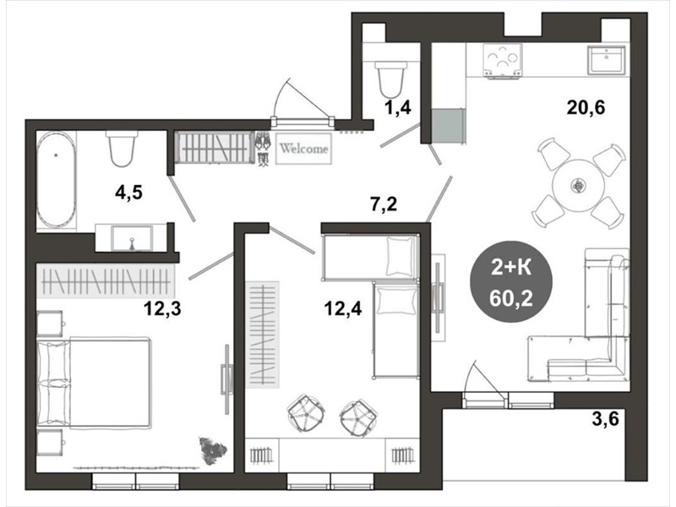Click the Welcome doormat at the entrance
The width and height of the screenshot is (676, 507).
pyautogui.click(x=303, y=149)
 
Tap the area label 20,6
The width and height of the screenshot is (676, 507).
pyautogui.click(x=586, y=107)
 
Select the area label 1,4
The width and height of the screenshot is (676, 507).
pyautogui.click(x=398, y=107)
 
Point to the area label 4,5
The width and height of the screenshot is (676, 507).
pyautogui.click(x=128, y=193)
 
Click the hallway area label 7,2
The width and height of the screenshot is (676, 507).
pyautogui.click(x=384, y=204)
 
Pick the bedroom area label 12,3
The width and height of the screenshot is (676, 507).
pyautogui.click(x=162, y=308)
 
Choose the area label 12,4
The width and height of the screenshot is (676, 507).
pyautogui.click(x=343, y=308)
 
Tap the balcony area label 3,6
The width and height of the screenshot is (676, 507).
pyautogui.click(x=605, y=418)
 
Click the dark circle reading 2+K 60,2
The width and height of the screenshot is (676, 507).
pyautogui.click(x=511, y=281)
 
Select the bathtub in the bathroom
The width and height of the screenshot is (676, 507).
pyautogui.click(x=56, y=179)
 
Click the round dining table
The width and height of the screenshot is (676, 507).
pyautogui.click(x=578, y=186)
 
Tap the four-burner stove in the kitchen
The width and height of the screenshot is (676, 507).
pyautogui.click(x=502, y=62)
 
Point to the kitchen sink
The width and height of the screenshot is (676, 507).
pyautogui.click(x=607, y=59)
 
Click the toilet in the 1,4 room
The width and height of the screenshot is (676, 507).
pyautogui.click(x=391, y=79)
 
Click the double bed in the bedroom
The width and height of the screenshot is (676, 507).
pyautogui.click(x=95, y=384)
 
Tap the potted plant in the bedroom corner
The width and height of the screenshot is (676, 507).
pyautogui.click(x=212, y=451)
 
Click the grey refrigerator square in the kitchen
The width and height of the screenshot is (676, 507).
pyautogui.click(x=449, y=125)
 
